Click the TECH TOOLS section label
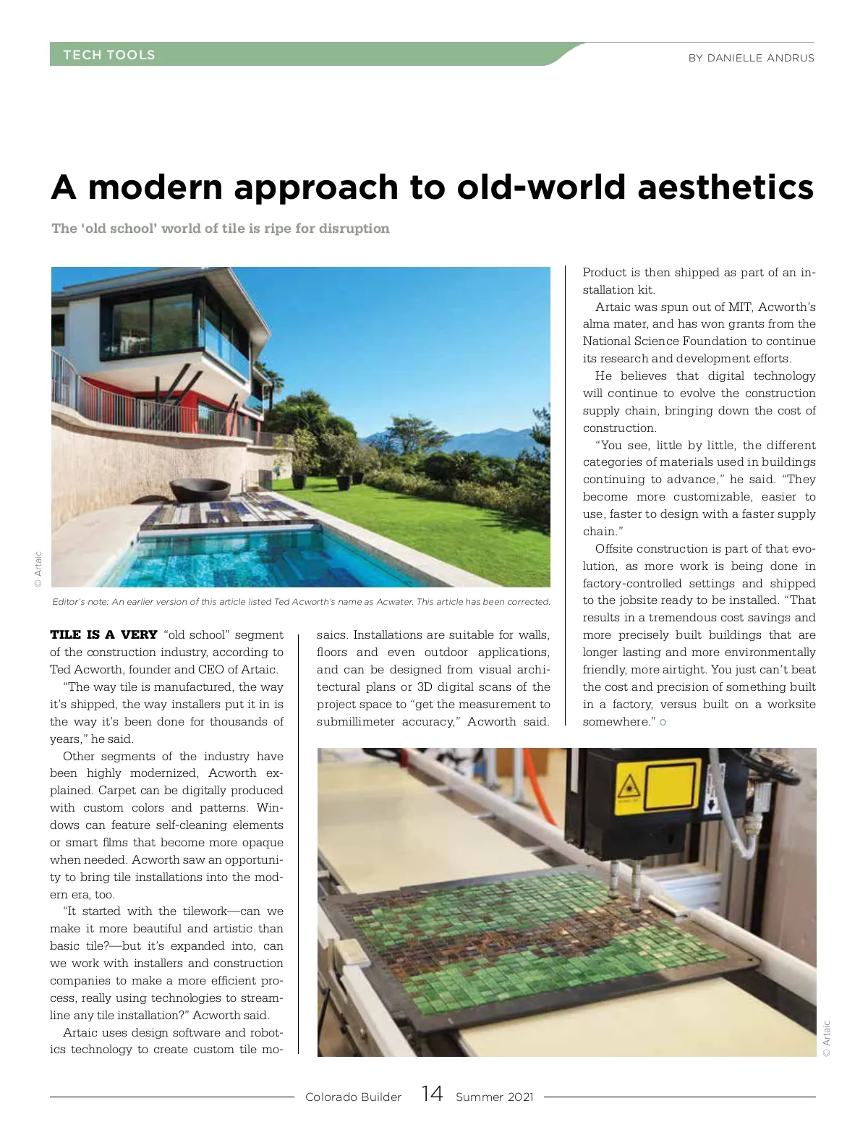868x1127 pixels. tap(109, 55)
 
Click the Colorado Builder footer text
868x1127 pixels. tap(353, 1097)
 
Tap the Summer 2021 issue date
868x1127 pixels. tap(494, 1097)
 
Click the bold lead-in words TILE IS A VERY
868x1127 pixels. tap(104, 635)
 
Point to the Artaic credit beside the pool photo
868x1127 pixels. tap(38, 569)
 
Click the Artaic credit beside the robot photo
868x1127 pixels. tap(827, 1038)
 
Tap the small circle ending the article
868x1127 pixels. tap(663, 723)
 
